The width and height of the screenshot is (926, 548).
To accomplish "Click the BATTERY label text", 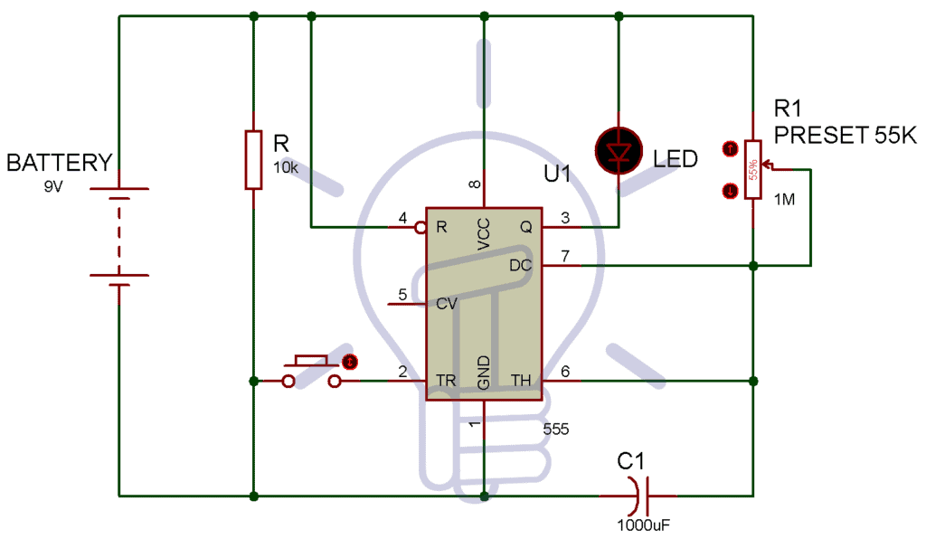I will click(60, 163).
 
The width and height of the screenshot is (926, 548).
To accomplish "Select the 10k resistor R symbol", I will click(253, 160).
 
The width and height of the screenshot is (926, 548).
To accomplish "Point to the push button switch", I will click(311, 372).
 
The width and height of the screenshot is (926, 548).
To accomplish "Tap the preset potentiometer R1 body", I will click(752, 169).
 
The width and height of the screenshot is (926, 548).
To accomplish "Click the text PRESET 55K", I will click(846, 136).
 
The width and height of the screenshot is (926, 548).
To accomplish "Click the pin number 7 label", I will click(564, 256).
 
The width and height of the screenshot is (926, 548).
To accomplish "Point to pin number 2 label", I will click(402, 371).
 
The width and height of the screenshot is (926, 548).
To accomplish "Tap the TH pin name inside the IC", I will click(522, 380).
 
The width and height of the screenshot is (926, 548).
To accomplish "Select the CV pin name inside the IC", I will click(447, 304).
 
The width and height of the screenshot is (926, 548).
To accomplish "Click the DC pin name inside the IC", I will click(521, 265).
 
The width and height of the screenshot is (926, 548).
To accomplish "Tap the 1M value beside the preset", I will click(785, 199).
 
